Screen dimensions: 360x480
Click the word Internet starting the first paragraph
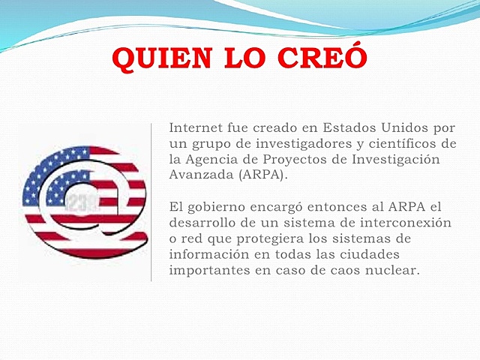195,127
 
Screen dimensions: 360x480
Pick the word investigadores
275,143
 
